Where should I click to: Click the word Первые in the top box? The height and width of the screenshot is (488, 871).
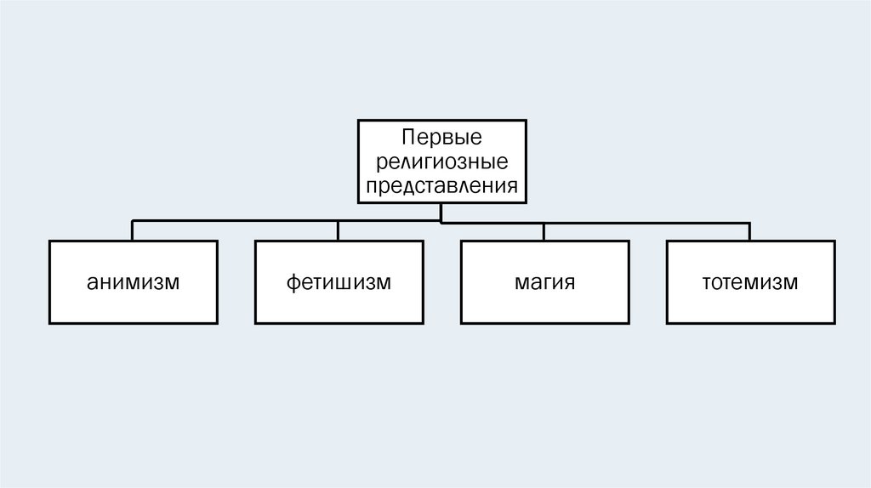point(441,137)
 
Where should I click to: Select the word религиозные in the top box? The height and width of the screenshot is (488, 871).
point(441,161)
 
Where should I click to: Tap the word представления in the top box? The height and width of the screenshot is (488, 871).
point(441,184)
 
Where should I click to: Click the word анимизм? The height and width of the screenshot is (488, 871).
point(132,282)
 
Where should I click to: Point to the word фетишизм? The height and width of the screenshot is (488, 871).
point(338,282)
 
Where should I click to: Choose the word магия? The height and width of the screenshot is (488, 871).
point(544,282)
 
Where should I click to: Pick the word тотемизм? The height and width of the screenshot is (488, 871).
point(749,282)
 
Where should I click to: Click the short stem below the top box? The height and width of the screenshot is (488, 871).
point(441,213)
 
